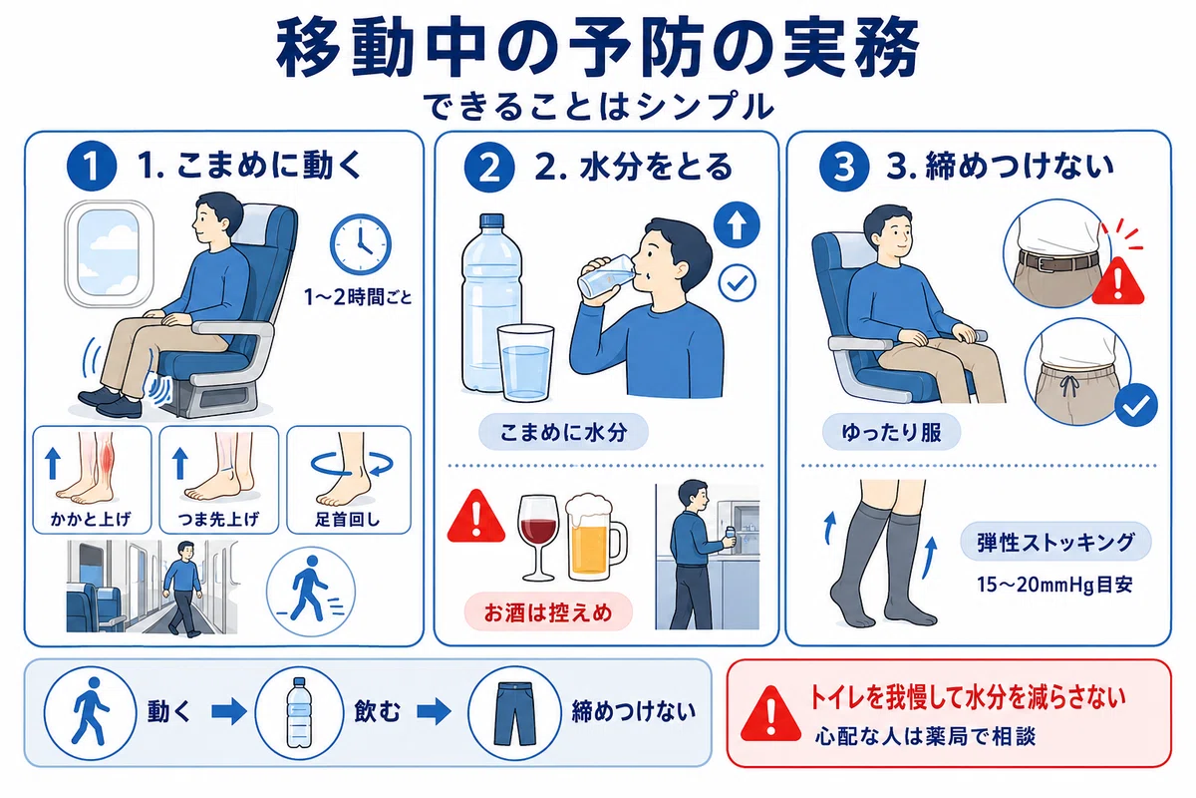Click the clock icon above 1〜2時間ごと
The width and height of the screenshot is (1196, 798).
tap(361, 244)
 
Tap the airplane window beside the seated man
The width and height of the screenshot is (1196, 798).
tap(109, 254)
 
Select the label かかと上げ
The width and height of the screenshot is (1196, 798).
tap(91, 519)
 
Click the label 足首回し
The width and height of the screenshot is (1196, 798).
tap(348, 519)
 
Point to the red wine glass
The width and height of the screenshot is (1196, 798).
tap(538, 537)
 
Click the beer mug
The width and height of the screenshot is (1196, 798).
tap(594, 537)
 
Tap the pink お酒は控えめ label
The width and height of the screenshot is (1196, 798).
tap(548, 612)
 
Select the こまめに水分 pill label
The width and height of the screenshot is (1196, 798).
tap(563, 432)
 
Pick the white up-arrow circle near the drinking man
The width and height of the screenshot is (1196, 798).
tap(737, 225)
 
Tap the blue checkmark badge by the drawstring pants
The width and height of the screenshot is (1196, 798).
tap(1136, 405)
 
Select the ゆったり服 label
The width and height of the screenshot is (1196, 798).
tap(892, 432)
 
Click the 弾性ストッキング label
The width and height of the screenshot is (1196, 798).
tap(1056, 542)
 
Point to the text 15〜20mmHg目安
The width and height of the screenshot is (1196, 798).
tap(1055, 585)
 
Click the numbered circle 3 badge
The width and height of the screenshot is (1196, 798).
tap(844, 166)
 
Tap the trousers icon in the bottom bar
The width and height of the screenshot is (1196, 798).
tap(514, 713)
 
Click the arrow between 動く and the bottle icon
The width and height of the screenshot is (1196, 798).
tap(229, 711)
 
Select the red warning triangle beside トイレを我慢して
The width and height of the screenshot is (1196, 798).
tap(771, 715)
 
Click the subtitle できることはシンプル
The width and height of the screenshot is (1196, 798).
tap(599, 107)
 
